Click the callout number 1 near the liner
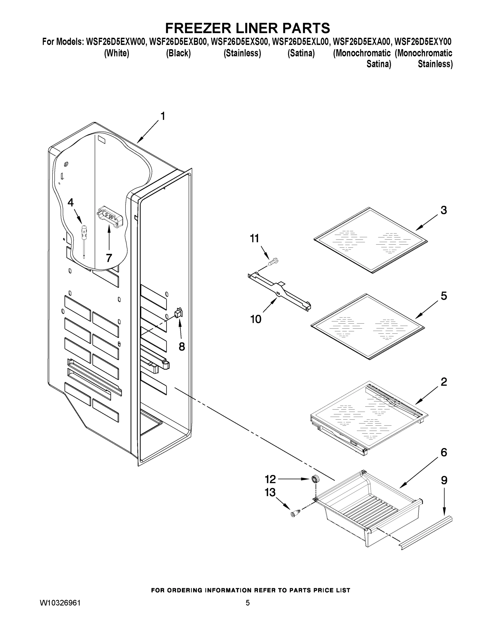click(x=163, y=116)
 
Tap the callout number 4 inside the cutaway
click(x=71, y=202)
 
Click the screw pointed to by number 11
click(x=274, y=261)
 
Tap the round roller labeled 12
click(x=315, y=479)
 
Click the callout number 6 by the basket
click(x=444, y=452)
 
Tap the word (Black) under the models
click(x=178, y=53)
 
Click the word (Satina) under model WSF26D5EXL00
click(x=301, y=53)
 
